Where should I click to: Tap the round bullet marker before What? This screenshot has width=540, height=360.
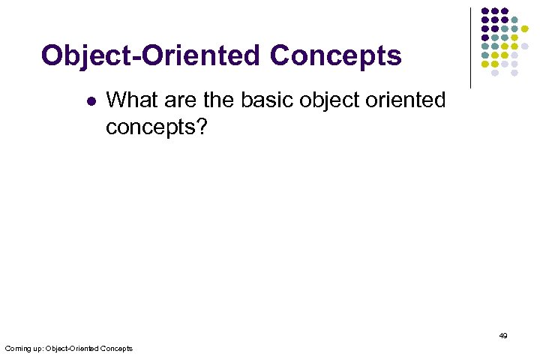91,100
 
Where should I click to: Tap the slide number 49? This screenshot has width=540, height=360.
503,336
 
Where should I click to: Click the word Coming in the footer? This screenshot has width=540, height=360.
17,349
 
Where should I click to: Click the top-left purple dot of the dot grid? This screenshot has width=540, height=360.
485,10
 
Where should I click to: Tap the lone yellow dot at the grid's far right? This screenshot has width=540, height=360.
524,28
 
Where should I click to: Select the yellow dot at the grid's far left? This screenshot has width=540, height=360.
485,64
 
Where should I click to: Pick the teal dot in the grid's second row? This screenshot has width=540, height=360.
514,19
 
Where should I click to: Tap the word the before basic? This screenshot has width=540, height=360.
219,99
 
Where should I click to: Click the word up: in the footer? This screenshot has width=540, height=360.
38,349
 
